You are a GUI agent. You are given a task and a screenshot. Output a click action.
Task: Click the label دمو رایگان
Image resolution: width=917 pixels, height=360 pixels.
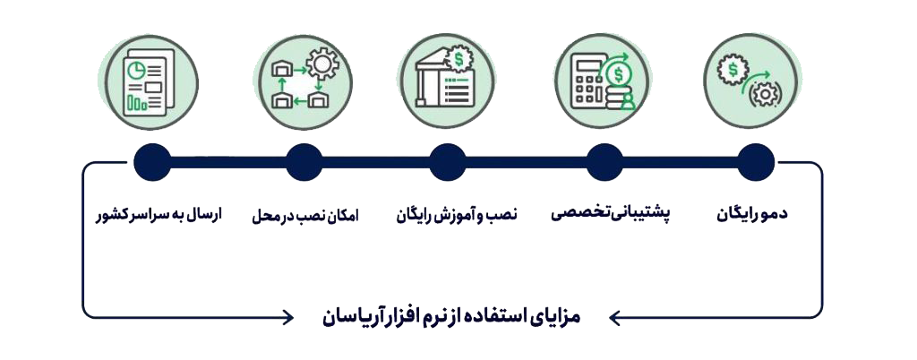(752, 215)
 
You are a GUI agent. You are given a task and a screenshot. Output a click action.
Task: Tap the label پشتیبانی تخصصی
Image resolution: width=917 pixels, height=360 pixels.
(611, 215)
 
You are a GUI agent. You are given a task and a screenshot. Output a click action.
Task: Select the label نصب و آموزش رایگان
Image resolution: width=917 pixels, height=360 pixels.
(457, 215)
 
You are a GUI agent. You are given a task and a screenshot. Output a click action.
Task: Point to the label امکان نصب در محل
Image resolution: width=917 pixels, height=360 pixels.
(305, 215)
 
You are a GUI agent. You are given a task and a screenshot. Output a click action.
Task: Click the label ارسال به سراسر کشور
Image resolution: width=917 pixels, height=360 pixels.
(159, 215)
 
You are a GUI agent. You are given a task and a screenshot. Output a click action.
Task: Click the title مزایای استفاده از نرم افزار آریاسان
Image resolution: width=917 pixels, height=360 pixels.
(451, 317)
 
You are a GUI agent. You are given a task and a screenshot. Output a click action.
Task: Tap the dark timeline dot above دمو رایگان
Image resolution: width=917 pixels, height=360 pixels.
(756, 162)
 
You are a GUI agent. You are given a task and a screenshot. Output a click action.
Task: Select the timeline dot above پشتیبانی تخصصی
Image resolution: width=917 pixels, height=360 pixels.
(604, 162)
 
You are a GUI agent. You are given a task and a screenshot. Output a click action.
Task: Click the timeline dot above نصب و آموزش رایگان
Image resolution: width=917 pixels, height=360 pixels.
(448, 162)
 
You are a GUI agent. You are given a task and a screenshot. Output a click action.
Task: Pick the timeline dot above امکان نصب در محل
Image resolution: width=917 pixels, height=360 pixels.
(304, 162)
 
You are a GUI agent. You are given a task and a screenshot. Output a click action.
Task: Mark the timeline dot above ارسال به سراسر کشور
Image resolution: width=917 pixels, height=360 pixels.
(152, 162)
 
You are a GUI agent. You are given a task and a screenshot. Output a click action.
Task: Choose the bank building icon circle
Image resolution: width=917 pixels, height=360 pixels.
(448, 81)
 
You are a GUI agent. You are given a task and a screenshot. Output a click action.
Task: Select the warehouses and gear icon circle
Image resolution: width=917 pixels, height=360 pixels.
(304, 81)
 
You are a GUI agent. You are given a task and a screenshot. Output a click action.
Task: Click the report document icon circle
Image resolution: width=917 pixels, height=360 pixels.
(150, 82)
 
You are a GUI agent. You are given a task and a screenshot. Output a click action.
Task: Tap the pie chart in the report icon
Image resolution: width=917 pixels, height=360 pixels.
(136, 70)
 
